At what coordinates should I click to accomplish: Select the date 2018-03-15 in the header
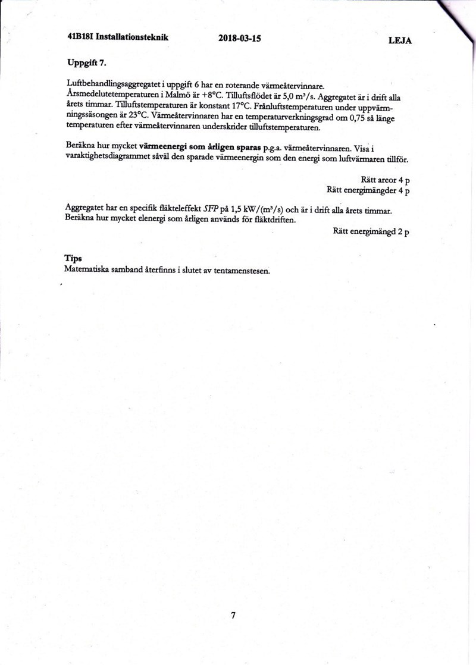[x=240, y=39]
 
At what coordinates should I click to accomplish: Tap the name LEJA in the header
[x=400, y=41]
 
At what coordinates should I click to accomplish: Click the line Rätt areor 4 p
[x=385, y=180]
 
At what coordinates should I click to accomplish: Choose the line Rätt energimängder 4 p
[x=368, y=190]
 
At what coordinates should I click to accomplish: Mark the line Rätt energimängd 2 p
[x=371, y=231]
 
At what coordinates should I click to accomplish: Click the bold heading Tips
[x=73, y=258]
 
